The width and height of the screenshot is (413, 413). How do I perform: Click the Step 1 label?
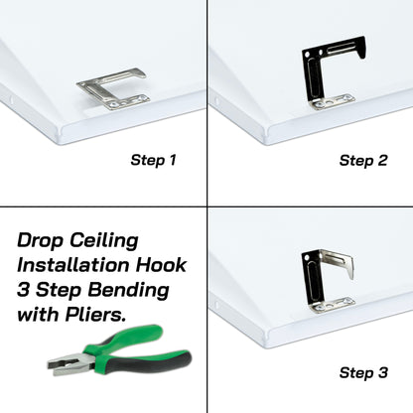pyautogui.click(x=156, y=159)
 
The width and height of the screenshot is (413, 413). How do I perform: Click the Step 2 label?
pyautogui.click(x=363, y=159)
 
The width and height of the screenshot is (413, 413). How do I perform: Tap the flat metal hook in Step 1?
pyautogui.click(x=110, y=87)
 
